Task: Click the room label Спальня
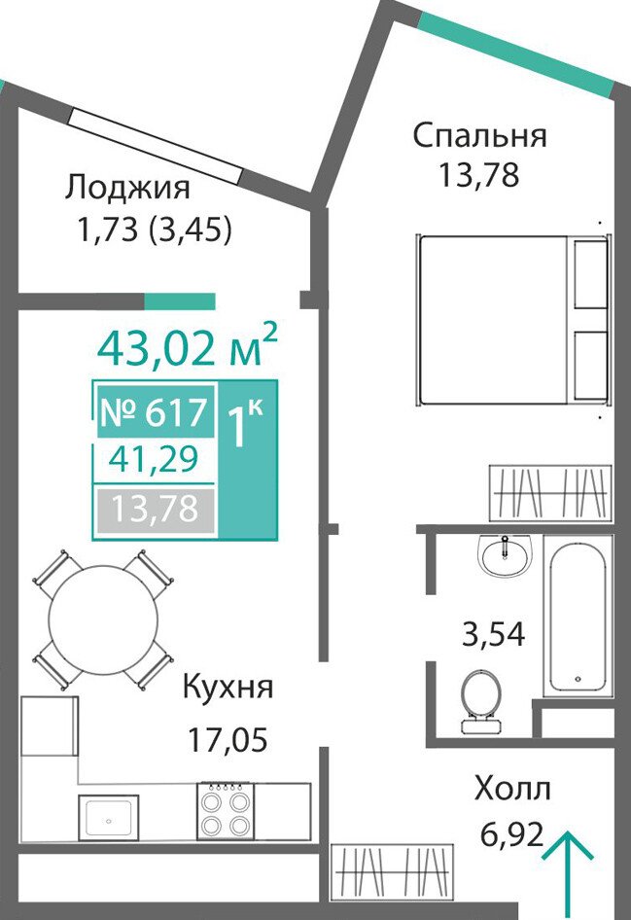(x=479, y=137)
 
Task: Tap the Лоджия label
(x=127, y=189)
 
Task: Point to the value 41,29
(x=154, y=459)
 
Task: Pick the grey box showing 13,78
(x=156, y=509)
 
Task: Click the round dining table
(x=103, y=619)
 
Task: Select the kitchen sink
(x=109, y=818)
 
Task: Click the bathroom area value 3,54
(x=493, y=635)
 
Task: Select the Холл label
(x=512, y=789)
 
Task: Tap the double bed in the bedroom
(x=513, y=320)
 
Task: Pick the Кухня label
(x=228, y=688)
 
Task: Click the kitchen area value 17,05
(x=228, y=739)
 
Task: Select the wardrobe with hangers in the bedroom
(x=550, y=493)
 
